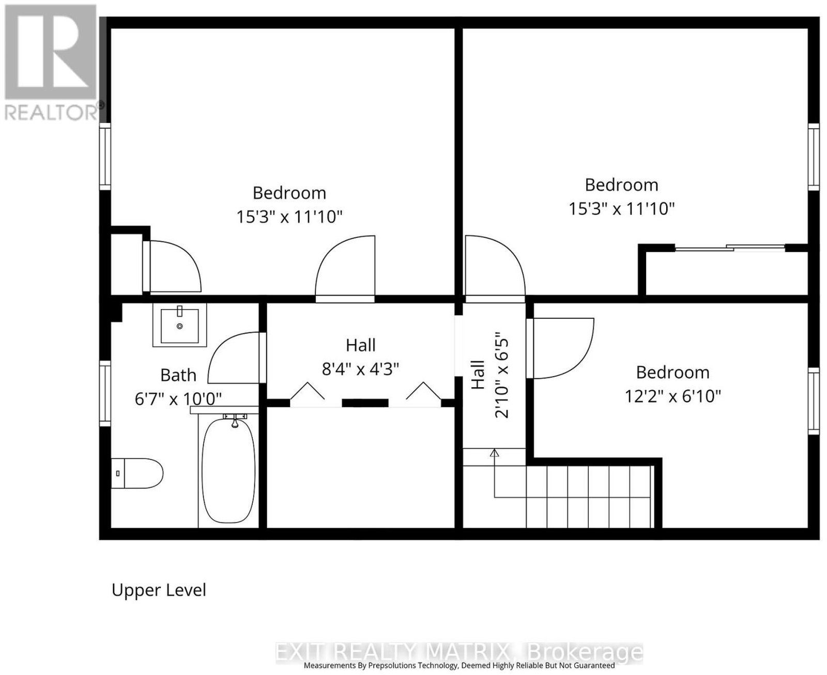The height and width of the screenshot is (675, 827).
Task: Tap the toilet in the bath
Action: (x=137, y=473)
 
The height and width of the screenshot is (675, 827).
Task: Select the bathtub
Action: (x=228, y=470)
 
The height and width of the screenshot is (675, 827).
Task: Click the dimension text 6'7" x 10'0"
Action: (x=178, y=400)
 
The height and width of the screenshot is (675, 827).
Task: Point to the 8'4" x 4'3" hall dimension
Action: (x=360, y=369)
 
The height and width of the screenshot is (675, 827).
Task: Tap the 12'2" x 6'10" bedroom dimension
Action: (x=672, y=396)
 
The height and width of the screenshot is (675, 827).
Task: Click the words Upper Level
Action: (x=159, y=590)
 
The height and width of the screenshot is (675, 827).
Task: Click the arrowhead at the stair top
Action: (x=495, y=453)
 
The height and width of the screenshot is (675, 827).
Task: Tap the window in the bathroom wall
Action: (x=105, y=393)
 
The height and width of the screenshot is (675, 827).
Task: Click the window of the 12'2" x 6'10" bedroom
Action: (x=814, y=401)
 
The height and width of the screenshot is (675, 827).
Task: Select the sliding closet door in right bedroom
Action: (x=730, y=248)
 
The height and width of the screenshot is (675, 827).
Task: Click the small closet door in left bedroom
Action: (x=172, y=266)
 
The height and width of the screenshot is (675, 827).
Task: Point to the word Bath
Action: (x=178, y=375)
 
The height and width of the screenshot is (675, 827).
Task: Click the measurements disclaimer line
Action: (x=459, y=665)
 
